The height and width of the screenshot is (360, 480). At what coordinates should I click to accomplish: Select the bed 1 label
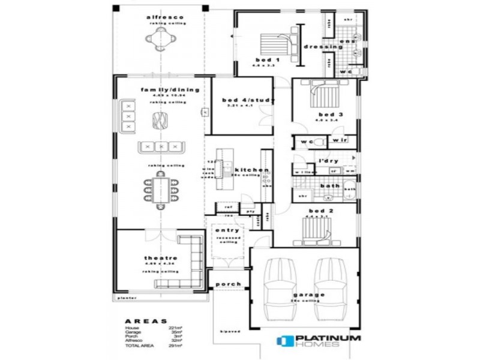[x=267, y=60]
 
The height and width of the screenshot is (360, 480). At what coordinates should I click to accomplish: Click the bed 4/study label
[x=248, y=100]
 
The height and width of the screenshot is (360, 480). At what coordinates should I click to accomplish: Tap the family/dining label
[x=170, y=89]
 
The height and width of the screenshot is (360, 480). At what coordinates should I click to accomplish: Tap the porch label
[x=227, y=284]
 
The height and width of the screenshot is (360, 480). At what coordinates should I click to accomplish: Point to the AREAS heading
[x=146, y=321]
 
